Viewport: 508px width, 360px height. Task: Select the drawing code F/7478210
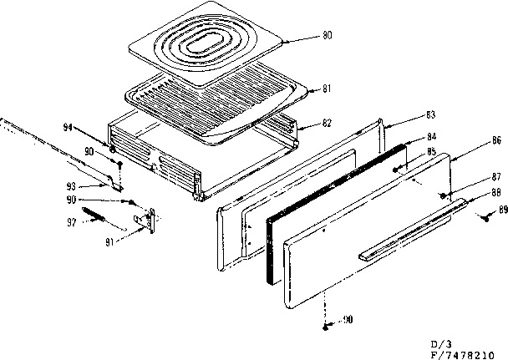point(469,354)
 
